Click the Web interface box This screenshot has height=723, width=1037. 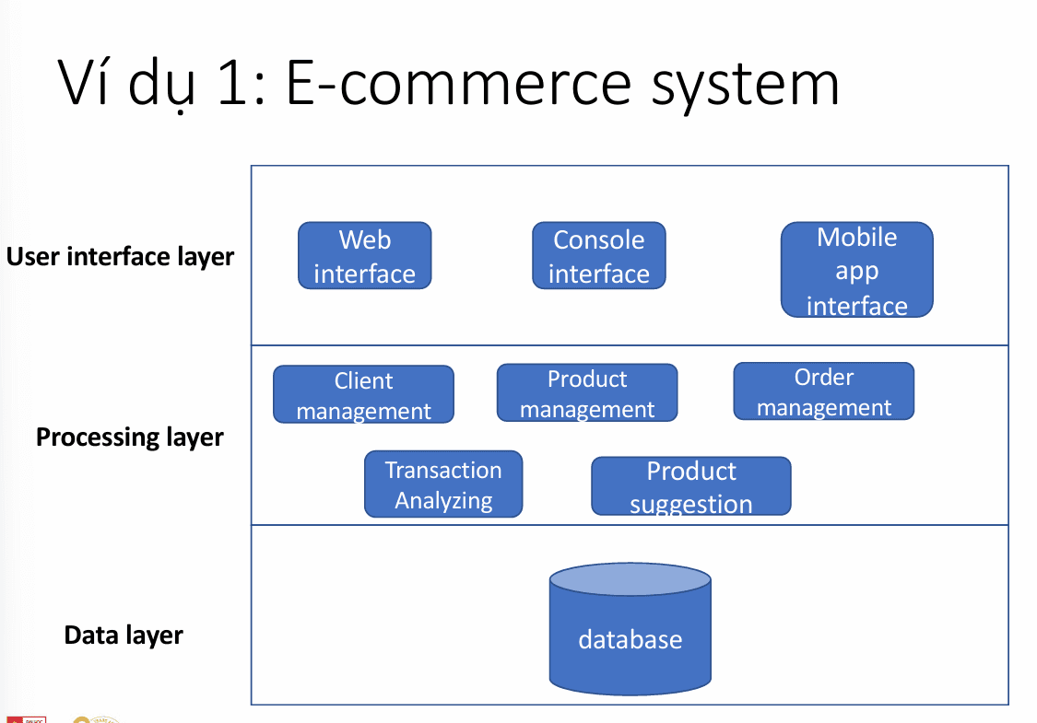[x=364, y=256]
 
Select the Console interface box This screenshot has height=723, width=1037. [x=598, y=256]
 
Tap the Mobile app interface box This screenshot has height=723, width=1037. [x=856, y=271]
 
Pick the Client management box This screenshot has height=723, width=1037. [x=363, y=395]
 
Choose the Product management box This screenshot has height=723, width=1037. [x=587, y=393]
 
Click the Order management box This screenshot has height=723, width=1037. [x=823, y=391]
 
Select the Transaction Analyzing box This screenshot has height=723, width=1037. [x=443, y=484]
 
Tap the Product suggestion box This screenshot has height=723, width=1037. [x=690, y=486]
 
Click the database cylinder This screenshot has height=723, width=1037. [x=630, y=639]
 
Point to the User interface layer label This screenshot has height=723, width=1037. [x=121, y=256]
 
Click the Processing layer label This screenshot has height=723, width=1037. [x=130, y=437]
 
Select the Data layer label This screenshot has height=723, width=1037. [x=124, y=636]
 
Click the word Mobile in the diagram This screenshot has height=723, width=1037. [x=856, y=238]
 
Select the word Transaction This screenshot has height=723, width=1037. [x=443, y=470]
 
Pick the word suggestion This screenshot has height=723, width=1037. [x=690, y=504]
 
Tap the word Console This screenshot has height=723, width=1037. [x=598, y=240]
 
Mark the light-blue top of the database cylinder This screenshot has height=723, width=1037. [x=630, y=578]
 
